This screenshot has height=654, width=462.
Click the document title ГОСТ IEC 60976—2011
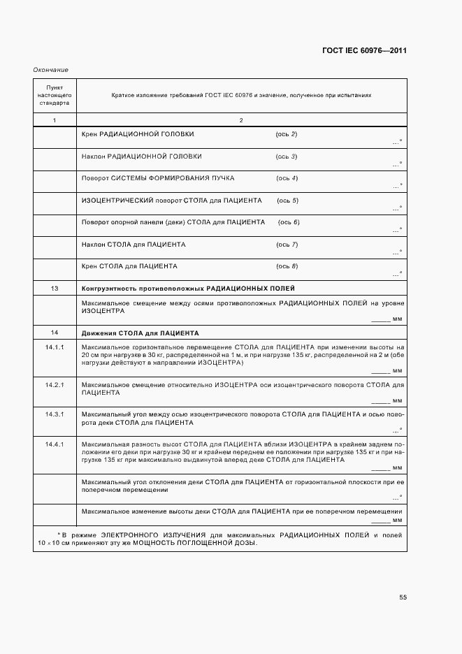pos(364,51)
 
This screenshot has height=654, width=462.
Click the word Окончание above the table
pos(50,70)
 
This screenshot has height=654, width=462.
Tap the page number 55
pos(403,597)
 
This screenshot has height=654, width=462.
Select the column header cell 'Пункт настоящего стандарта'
pos(55,94)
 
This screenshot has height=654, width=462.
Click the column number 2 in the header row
pos(240,121)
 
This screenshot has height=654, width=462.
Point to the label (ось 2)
pos(287,133)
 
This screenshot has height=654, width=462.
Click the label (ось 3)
pos(287,156)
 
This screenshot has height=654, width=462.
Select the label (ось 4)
pos(287,178)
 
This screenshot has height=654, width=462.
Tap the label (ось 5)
pos(288,201)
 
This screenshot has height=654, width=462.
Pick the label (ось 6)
pos(289,222)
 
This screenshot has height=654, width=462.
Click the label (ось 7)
pos(287,245)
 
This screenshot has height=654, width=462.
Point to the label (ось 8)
pos(287,266)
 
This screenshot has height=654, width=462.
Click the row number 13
pos(55,289)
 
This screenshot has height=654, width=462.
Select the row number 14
pos(55,333)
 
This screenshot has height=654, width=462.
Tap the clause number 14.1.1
pos(55,347)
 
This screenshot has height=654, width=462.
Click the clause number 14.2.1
pos(55,385)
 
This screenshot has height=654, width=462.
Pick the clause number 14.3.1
pos(55,414)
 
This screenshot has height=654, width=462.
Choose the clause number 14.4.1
pos(55,444)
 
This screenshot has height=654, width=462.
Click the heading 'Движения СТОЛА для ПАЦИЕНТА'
pos(140,333)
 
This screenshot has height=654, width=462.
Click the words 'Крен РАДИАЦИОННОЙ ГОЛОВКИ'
pos(138,133)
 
